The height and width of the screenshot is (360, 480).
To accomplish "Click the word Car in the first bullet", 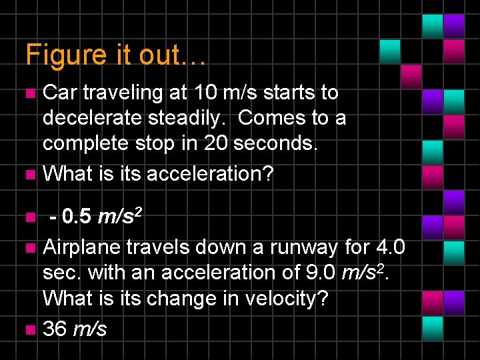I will pyautogui.click(x=58, y=93).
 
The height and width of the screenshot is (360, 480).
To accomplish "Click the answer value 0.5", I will pyautogui.click(x=78, y=217).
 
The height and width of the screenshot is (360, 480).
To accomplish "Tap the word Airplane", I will pyautogui.click(x=82, y=247).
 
